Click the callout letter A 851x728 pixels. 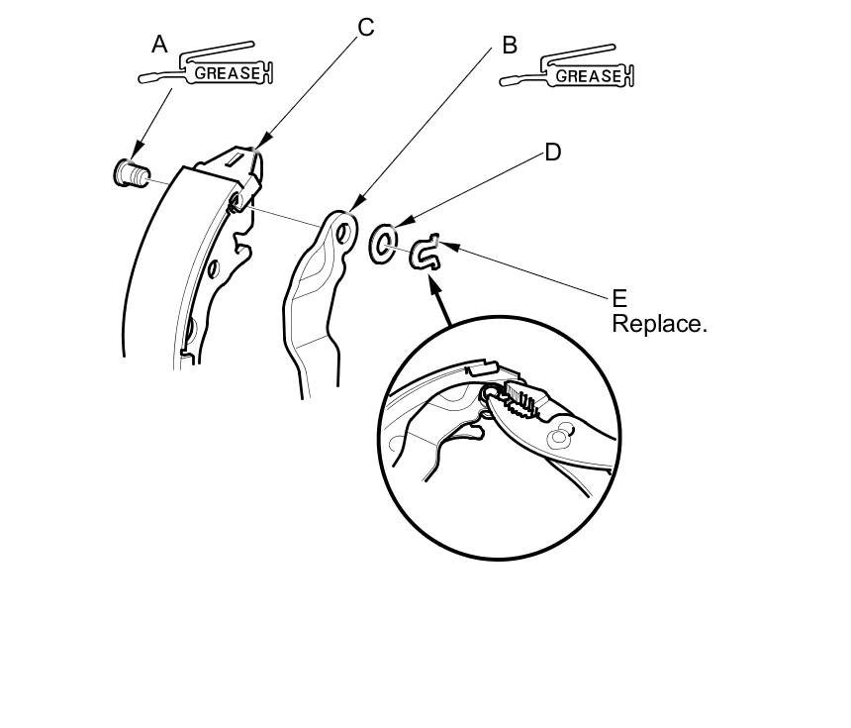coord(159,44)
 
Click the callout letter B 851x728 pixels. coord(510,45)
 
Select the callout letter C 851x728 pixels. coord(366,27)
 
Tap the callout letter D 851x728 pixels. coord(552,152)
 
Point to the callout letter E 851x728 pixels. coord(619,298)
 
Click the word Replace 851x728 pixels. coord(659,324)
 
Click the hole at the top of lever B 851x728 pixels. coord(342,234)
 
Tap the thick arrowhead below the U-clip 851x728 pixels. coord(432,280)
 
